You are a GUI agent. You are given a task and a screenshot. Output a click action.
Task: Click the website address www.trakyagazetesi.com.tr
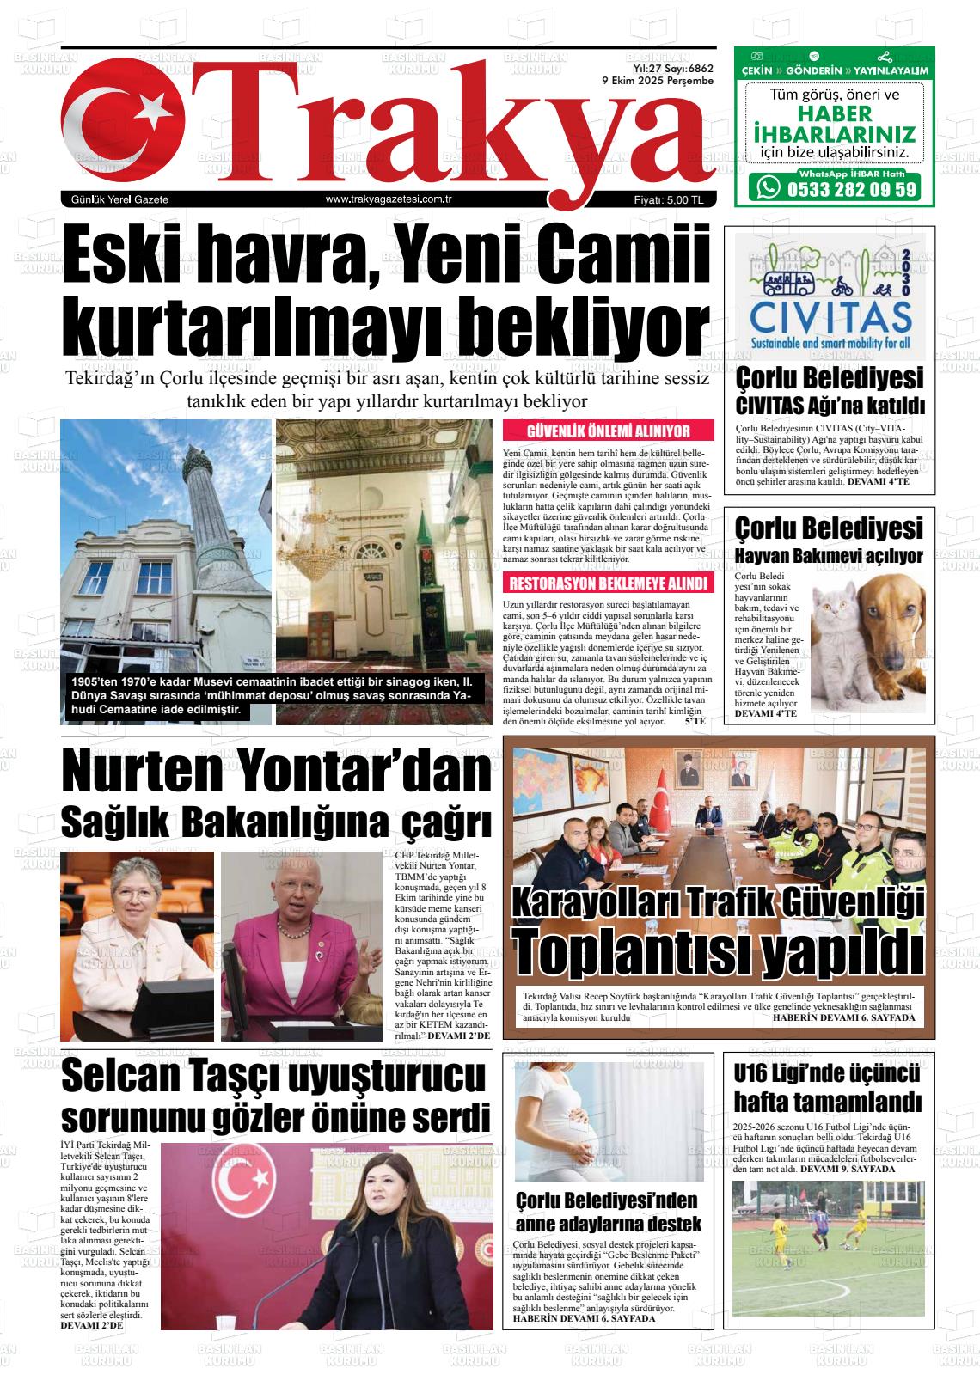(389, 200)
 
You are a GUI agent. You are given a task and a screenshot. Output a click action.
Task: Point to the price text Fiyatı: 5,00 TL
(669, 200)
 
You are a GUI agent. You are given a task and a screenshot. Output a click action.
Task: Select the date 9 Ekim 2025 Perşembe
(658, 81)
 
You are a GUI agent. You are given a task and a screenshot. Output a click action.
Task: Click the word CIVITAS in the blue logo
(830, 315)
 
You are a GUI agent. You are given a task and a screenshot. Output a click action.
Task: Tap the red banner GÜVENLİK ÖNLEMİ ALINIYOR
(608, 431)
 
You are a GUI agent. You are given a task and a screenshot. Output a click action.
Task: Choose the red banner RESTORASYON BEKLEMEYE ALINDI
(608, 584)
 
